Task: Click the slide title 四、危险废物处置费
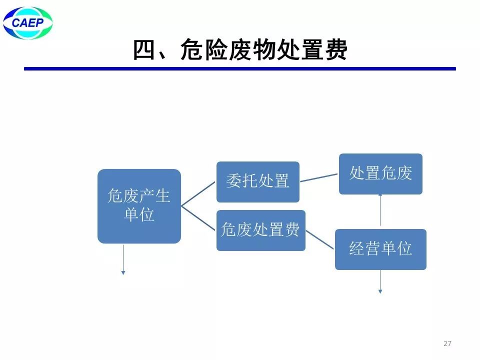(x=240, y=50)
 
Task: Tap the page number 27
(x=447, y=343)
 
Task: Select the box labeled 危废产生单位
(x=139, y=206)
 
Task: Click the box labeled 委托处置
(x=257, y=181)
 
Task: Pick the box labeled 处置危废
(x=380, y=173)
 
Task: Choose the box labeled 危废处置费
(x=260, y=230)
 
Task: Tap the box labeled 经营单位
(x=380, y=249)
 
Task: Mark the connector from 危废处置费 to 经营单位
(x=320, y=239)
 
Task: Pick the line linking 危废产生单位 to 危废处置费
(x=198, y=218)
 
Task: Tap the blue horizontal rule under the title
(x=240, y=68)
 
